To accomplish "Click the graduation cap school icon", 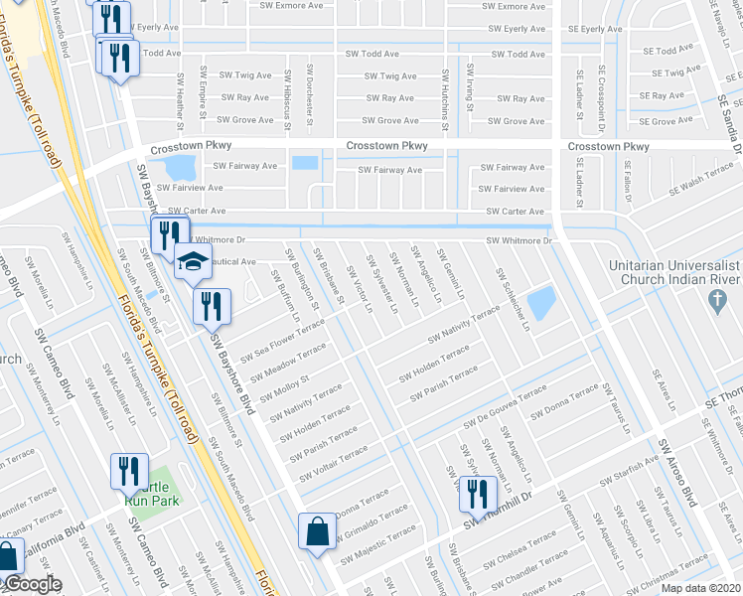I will click(x=195, y=264).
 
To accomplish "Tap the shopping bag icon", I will click(x=317, y=529).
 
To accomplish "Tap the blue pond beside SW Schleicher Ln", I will click(x=541, y=304).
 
